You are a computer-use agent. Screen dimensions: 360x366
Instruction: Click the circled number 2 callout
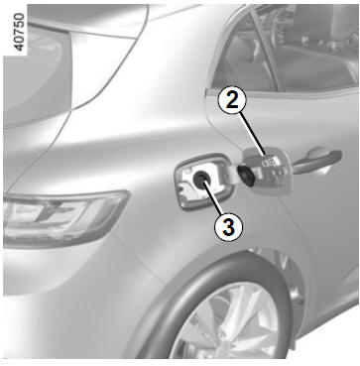click(232, 101)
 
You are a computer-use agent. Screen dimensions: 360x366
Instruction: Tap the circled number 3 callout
click(228, 227)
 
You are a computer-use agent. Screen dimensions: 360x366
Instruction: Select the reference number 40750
click(20, 32)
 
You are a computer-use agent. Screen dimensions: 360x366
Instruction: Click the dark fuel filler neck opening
click(200, 180)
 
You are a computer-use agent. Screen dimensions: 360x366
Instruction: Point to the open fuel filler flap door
click(267, 171)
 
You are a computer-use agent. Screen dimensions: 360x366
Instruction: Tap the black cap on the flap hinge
click(246, 175)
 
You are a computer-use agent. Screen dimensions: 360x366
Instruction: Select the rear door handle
click(316, 162)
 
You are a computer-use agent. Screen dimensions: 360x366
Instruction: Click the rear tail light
click(62, 218)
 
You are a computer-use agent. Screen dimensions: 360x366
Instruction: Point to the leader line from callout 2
click(253, 134)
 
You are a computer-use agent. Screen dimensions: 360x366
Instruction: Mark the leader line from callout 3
click(212, 197)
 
